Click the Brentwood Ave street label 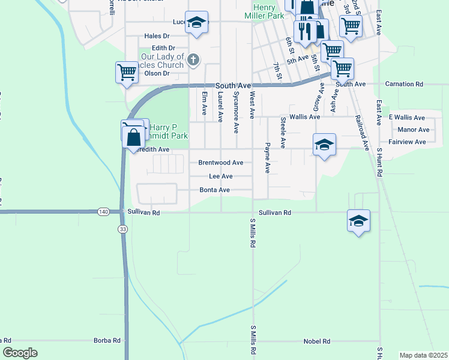click(220, 163)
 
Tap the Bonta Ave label click(215, 190)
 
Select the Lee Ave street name click(220, 176)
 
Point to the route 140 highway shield click(104, 212)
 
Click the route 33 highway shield click(122, 229)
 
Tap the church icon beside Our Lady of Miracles click(192, 59)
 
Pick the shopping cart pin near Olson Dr click(127, 73)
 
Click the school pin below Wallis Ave click(324, 145)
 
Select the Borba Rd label click(107, 341)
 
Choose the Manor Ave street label click(414, 130)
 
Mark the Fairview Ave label click(407, 142)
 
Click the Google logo click(20, 353)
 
